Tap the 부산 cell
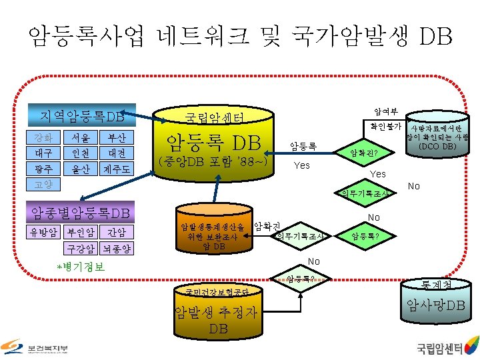(x=116, y=137)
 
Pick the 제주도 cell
(x=116, y=168)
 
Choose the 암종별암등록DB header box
(x=79, y=213)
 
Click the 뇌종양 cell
(x=116, y=249)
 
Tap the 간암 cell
(x=116, y=233)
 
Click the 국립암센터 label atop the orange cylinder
(x=213, y=119)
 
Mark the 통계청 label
(x=436, y=285)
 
